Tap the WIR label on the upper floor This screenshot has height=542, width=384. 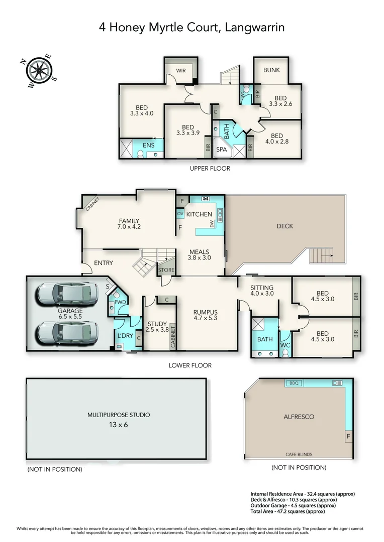tap(181, 71)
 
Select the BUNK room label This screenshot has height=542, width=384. tap(271, 70)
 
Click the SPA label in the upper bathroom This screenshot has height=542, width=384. tap(221, 150)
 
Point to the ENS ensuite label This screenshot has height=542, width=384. tap(149, 146)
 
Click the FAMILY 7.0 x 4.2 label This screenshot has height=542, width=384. tap(129, 224)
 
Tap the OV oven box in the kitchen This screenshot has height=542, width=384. tap(180, 214)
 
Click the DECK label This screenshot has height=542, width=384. tap(285, 226)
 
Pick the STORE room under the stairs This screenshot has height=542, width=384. tap(166, 270)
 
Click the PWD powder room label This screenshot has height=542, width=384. tap(120, 302)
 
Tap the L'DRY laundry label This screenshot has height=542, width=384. tap(125, 335)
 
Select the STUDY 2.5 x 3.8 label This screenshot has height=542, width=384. tap(157, 327)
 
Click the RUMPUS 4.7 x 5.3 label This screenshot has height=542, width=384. tap(206, 315)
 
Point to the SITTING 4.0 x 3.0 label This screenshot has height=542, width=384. tap(262, 291)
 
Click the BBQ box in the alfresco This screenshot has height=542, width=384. tap(294, 383)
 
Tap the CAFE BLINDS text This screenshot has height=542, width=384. tap(299, 454)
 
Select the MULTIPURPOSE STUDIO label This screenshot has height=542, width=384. tap(119, 415)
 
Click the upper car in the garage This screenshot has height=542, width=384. tap(67, 294)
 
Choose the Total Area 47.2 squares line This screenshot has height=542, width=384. tap(287, 511)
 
